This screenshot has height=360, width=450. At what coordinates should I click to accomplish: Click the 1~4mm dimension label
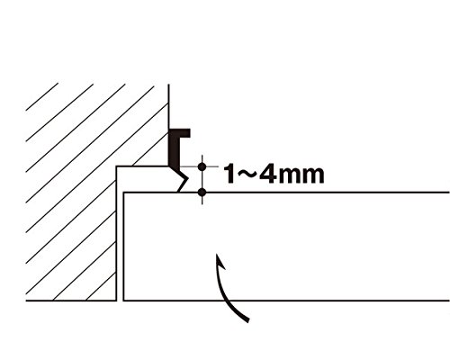click(x=274, y=174)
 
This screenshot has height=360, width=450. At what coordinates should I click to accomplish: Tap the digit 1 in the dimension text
click(x=229, y=174)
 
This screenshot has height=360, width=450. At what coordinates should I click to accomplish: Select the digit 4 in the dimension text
click(x=268, y=174)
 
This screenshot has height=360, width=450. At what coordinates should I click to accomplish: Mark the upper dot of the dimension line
click(x=202, y=166)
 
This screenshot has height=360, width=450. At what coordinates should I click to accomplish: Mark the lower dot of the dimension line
click(x=202, y=193)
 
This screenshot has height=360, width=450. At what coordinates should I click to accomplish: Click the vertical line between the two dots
click(x=202, y=179)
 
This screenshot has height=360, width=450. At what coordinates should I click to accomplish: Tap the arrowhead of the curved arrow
click(x=220, y=262)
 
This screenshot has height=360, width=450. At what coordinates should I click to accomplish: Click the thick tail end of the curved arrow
click(x=247, y=319)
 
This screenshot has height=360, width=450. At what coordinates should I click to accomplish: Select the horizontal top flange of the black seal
click(x=180, y=133)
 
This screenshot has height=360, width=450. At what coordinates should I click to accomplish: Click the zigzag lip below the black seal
click(x=182, y=179)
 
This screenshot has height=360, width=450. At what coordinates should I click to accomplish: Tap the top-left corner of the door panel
click(x=123, y=193)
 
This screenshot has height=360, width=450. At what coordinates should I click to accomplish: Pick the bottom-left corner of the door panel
click(x=123, y=301)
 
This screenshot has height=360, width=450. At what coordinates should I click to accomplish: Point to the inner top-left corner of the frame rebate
click(x=116, y=166)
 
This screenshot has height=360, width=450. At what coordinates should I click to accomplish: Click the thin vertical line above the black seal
click(x=168, y=106)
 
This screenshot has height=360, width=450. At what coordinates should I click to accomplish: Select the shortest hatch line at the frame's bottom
click(x=101, y=286)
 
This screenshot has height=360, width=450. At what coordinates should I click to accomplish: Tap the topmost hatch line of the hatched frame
click(x=42, y=96)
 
